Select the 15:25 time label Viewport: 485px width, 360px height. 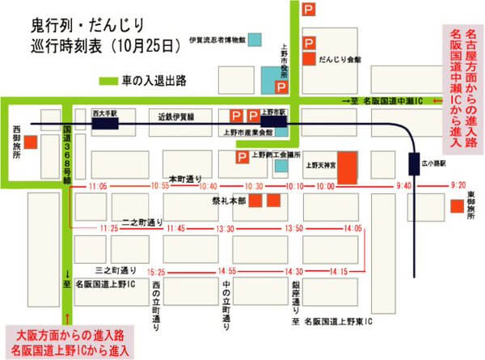[156, 272]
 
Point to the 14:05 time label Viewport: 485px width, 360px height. [352, 230]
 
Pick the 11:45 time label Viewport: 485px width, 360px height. [177, 230]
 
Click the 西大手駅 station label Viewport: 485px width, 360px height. [103, 114]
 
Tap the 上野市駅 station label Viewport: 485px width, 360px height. [275, 113]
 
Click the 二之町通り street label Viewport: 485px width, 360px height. [141, 220]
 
